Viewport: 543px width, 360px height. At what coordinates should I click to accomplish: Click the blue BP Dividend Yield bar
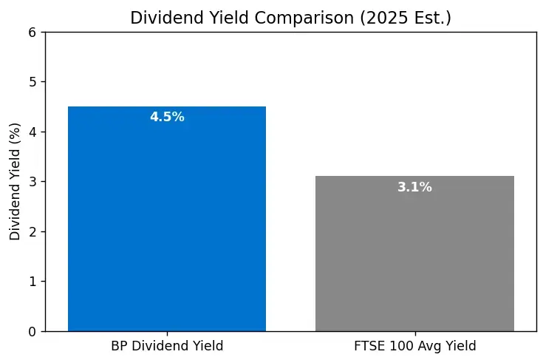coord(167,222)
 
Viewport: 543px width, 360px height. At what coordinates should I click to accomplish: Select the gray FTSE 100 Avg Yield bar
coord(414,255)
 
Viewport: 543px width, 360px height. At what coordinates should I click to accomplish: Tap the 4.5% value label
coord(167,117)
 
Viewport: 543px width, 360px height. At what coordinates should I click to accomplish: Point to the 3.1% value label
coord(414,187)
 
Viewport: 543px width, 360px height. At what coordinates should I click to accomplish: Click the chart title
coord(290,18)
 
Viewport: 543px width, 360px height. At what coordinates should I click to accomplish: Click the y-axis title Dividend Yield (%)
coord(15,181)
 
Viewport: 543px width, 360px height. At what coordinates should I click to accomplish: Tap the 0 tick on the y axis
coord(32,331)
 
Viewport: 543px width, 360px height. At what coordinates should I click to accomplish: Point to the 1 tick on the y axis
coord(32,282)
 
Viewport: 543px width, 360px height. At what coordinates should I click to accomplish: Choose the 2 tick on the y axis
coord(32,231)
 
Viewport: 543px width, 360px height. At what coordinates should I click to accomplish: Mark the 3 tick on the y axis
coord(32,182)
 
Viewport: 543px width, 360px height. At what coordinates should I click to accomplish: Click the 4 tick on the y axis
coord(32,132)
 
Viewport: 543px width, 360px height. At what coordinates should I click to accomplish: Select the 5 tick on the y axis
coord(32,82)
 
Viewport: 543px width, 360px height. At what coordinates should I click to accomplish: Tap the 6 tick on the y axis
coord(32,32)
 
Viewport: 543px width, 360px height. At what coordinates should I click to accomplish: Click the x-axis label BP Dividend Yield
coord(167,345)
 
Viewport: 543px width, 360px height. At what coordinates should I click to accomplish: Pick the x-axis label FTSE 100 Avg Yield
coord(414,345)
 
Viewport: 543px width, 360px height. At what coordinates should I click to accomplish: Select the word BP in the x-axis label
coord(118,345)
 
